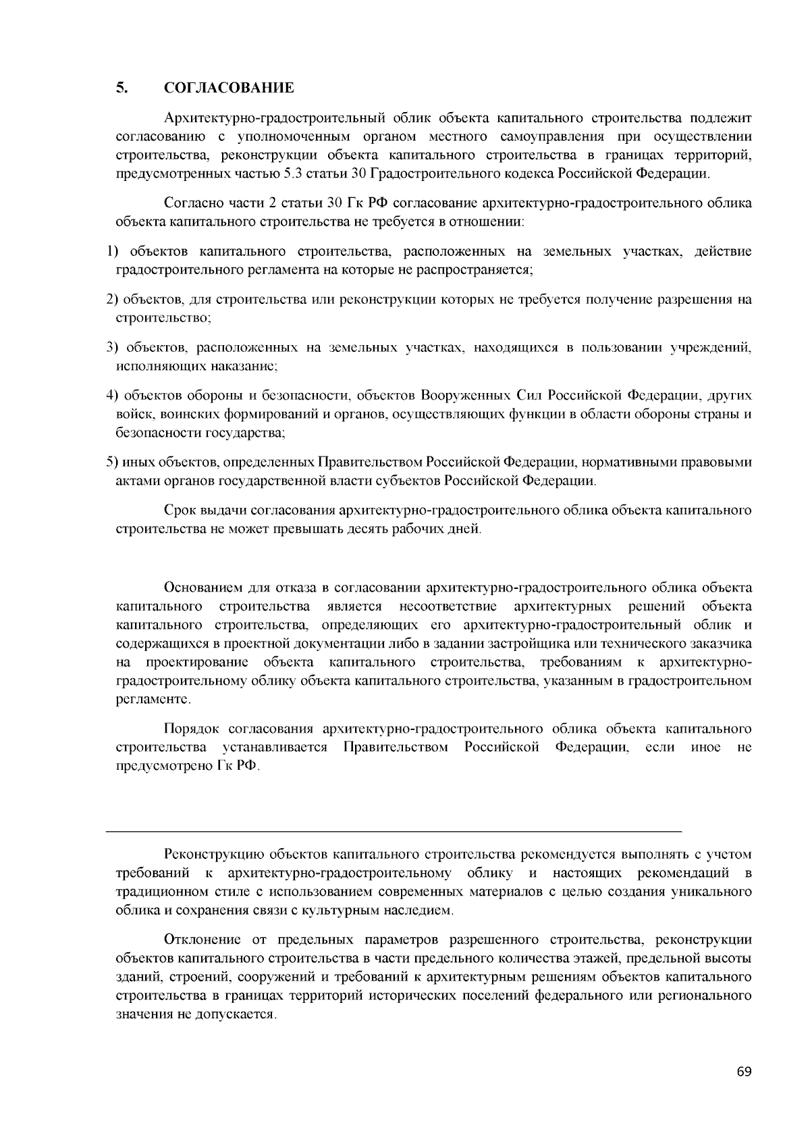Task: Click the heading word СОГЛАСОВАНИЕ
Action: click(229, 88)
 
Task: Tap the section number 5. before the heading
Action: click(122, 88)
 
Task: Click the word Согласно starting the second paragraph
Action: click(192, 203)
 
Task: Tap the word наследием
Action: click(422, 910)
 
